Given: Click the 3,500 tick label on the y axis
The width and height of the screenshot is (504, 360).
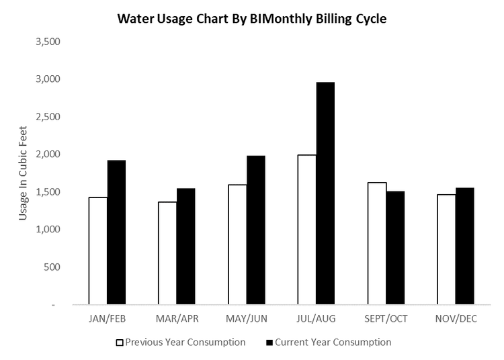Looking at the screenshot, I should pos(47,42).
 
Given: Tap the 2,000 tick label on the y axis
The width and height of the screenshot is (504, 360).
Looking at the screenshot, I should pos(47,154).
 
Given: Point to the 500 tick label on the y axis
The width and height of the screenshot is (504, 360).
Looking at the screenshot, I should pos(52,267).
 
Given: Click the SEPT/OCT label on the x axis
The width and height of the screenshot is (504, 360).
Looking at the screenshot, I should pos(386,318).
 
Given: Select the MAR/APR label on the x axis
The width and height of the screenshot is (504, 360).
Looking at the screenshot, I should pos(177,318).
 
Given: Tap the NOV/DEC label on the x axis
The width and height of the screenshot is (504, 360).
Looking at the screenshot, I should pos(455,318).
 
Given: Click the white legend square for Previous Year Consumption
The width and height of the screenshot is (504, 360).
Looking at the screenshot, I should pos(120,343).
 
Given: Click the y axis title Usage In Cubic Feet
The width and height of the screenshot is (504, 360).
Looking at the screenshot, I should pos(23,173).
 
